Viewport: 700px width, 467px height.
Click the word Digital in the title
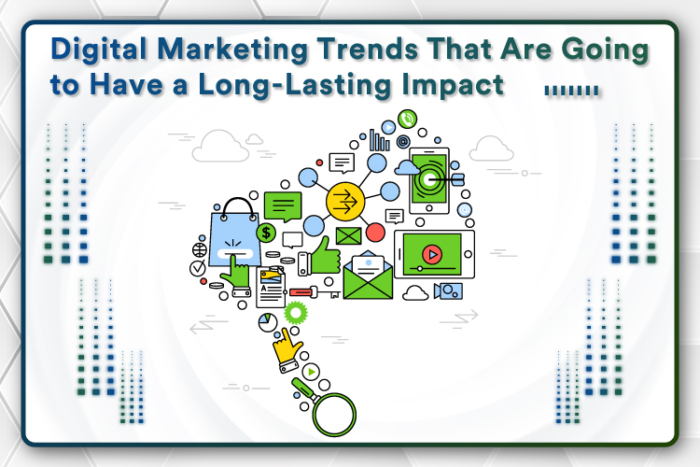[99, 50]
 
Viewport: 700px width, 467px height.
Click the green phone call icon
[407, 119]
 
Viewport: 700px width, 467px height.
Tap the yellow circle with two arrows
[345, 201]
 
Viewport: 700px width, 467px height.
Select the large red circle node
[375, 233]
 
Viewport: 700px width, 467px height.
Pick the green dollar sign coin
[266, 233]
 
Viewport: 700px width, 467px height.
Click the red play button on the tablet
[432, 254]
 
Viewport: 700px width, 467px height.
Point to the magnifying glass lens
[334, 415]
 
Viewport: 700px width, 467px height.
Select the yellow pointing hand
[287, 350]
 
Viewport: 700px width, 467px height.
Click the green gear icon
[295, 313]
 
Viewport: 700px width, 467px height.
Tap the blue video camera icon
[448, 290]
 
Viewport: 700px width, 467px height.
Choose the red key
[315, 292]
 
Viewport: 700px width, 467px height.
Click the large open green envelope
[368, 276]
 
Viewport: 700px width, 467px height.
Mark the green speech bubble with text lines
[283, 206]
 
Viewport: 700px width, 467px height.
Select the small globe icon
[200, 249]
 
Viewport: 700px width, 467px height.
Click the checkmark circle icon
[197, 268]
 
